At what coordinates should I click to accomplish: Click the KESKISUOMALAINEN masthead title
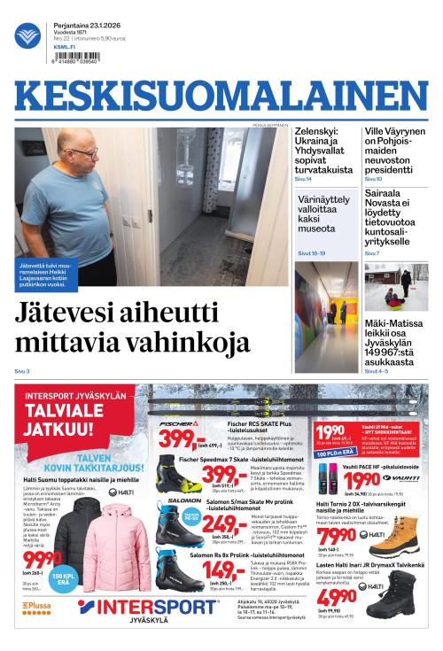point(221,99)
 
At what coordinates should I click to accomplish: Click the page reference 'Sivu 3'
point(22,370)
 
